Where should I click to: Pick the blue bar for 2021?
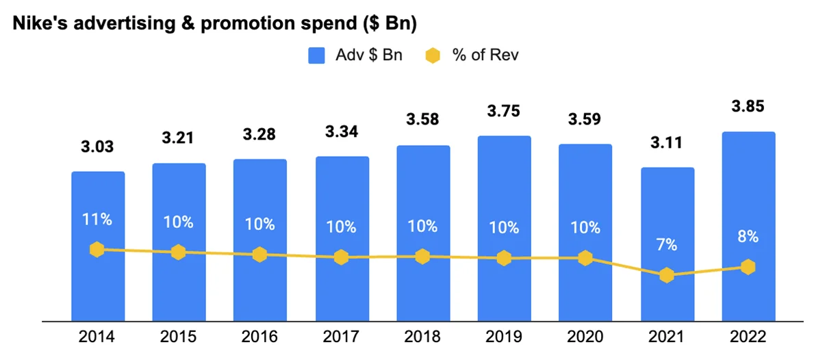pos(667,301)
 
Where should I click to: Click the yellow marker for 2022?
pos(748,267)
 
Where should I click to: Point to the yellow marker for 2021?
pos(667,276)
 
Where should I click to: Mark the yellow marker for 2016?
pos(259,255)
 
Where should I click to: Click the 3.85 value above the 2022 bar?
pos(748,107)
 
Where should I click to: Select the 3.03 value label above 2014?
pos(98,146)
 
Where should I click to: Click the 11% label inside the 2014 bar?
pos(98,220)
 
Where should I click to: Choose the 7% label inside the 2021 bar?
pos(667,244)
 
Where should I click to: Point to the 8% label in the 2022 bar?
pos(748,236)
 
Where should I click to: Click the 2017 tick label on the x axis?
pos(342,337)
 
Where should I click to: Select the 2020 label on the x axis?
pos(585,337)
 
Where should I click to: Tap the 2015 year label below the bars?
pos(179,337)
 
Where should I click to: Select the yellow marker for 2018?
pos(422,257)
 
